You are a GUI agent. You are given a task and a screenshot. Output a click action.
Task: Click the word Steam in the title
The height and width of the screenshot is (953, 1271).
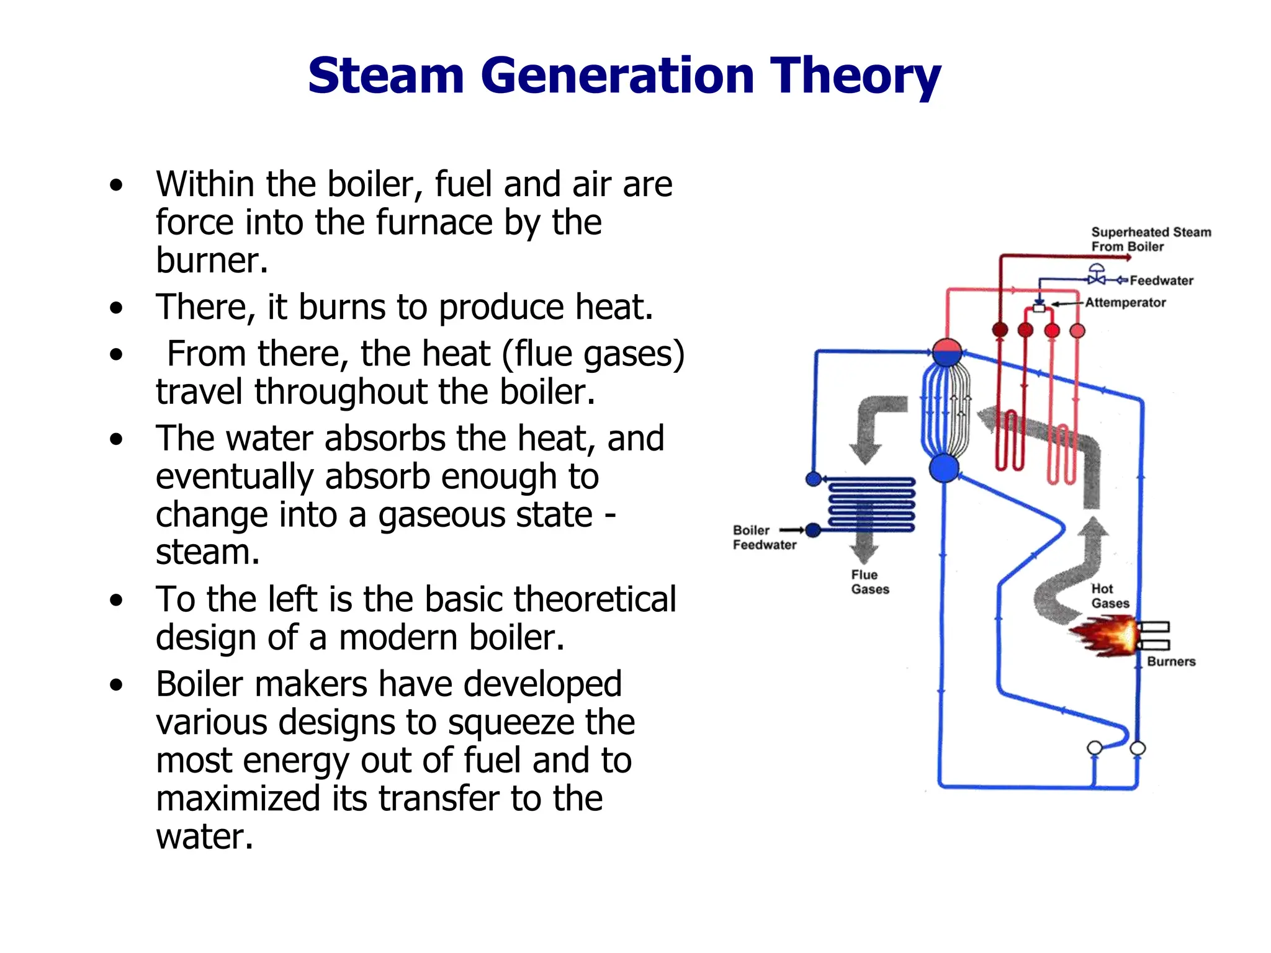(385, 76)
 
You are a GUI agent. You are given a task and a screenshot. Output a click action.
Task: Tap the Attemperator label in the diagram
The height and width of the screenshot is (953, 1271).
(1125, 303)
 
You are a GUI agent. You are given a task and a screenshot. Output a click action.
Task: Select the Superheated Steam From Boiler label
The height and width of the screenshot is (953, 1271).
(1150, 239)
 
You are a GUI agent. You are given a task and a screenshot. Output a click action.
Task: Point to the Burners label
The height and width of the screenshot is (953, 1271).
(1171, 661)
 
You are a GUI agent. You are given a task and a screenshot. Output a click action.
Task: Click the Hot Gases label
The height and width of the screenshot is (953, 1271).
(1110, 596)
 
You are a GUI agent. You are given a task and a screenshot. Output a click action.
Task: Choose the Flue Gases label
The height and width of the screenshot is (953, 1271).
(869, 582)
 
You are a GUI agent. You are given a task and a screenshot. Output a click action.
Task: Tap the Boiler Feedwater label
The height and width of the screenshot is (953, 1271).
(764, 537)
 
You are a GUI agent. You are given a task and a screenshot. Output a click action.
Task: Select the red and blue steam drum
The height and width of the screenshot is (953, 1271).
(947, 352)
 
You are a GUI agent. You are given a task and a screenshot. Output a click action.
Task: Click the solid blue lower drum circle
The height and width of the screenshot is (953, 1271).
(944, 468)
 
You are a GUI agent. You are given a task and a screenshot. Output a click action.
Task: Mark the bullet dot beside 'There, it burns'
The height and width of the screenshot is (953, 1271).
(116, 308)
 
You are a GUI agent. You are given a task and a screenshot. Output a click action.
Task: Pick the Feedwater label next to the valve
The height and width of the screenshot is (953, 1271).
(1161, 280)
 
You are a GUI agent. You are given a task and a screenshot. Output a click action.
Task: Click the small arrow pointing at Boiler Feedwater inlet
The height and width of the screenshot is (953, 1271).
(792, 530)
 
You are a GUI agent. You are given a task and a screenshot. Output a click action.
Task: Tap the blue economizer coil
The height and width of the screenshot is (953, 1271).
(871, 504)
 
